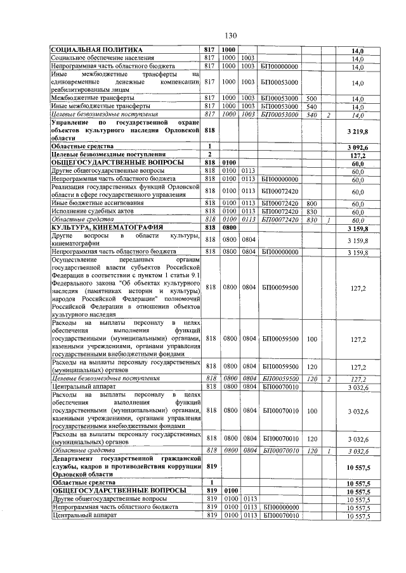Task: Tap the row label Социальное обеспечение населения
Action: (103, 58)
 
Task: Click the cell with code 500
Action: (311, 99)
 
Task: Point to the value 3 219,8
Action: (358, 130)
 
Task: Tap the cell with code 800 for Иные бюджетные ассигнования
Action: (311, 203)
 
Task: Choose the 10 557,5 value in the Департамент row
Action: (358, 468)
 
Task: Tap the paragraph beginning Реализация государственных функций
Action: (126, 191)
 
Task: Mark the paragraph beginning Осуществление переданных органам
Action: (126, 287)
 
